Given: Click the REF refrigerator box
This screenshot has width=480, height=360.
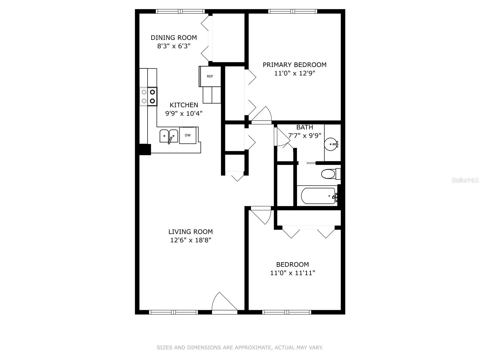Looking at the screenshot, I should (210, 76).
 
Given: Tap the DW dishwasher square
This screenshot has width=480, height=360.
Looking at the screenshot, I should (188, 135).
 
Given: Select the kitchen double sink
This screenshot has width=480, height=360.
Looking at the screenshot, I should (169, 136).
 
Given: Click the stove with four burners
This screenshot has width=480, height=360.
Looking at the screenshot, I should (148, 97).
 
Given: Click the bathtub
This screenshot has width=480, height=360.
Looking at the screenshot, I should (318, 196).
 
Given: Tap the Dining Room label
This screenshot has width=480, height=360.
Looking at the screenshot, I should (174, 38).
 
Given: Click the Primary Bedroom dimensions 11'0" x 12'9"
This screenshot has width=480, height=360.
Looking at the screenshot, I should (295, 73).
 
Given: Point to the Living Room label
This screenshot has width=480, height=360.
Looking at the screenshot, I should (190, 232).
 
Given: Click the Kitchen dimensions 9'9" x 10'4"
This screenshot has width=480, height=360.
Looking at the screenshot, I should (184, 113).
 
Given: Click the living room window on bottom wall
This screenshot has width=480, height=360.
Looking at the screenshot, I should (173, 312).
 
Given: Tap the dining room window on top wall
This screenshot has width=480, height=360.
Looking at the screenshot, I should (180, 11).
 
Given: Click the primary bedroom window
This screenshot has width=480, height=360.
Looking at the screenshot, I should (292, 11).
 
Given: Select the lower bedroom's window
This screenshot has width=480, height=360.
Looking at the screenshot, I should (286, 312).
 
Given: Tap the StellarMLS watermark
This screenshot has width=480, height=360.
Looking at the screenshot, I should (465, 180).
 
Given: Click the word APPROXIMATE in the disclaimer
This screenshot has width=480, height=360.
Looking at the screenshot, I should (253, 348).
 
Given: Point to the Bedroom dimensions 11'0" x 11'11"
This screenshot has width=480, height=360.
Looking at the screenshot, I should (292, 273).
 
